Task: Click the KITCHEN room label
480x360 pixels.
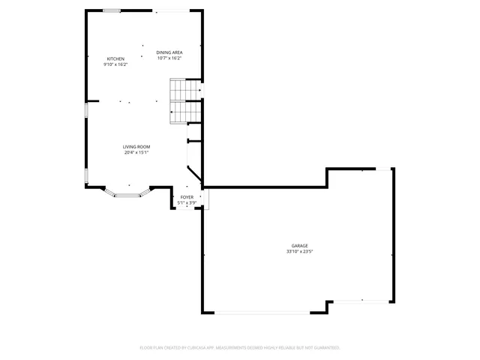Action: [115, 58]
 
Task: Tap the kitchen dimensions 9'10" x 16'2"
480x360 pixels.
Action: [115, 64]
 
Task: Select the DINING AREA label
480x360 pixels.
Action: [169, 52]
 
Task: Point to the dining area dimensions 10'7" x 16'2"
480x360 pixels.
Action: [169, 58]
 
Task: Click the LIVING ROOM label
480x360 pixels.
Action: [136, 146]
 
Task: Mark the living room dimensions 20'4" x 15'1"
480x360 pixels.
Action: [136, 152]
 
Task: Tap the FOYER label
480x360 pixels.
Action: [187, 196]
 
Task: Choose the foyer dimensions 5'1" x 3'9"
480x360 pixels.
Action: [187, 202]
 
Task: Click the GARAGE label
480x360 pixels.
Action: [299, 246]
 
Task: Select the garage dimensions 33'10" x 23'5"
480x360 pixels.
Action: [299, 252]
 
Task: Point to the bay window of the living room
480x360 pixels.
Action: [127, 194]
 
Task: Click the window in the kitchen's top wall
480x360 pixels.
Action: [112, 11]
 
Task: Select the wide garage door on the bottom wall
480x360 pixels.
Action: [262, 313]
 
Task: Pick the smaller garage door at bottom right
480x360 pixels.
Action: [361, 301]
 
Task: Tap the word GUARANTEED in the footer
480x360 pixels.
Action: [322, 348]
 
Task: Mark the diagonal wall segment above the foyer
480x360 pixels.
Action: [194, 172]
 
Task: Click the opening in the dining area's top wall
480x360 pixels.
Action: [172, 11]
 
